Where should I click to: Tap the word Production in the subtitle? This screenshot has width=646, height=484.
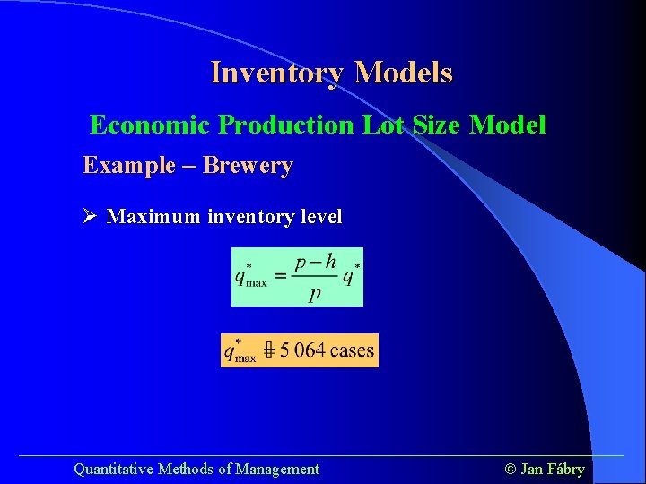coord(287,125)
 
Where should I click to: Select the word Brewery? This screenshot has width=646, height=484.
coord(249,166)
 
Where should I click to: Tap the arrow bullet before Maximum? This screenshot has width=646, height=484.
coord(90,217)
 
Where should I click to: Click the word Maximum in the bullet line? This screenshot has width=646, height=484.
coord(154,217)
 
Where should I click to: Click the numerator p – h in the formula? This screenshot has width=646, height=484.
coord(315,262)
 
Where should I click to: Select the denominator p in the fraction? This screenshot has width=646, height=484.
coord(314,294)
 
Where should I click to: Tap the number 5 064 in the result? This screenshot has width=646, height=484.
coord(302,350)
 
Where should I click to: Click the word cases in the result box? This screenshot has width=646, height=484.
coord(352,350)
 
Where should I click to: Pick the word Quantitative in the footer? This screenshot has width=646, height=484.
coord(113,469)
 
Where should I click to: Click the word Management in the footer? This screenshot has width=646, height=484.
coord(278,469)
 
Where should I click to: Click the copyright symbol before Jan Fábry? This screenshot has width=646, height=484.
coord(511,469)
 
